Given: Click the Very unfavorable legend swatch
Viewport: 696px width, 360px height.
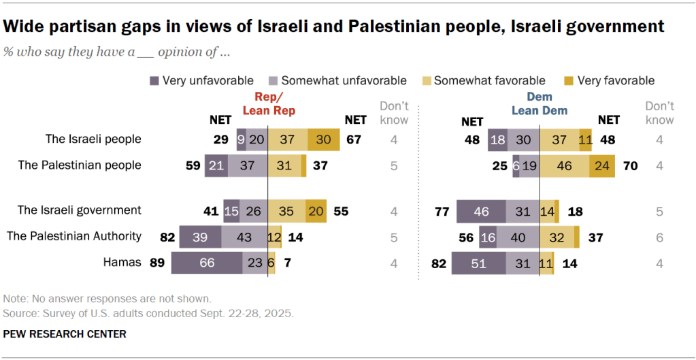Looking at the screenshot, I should [154, 81].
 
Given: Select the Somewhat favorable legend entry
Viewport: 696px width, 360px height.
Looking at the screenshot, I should [489, 80].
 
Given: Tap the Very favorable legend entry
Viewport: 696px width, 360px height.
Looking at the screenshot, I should [616, 80].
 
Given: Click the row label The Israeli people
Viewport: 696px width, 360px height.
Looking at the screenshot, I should [93, 139].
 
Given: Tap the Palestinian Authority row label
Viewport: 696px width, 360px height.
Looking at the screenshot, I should [73, 236].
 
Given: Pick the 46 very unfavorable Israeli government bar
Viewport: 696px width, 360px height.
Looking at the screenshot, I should [481, 211].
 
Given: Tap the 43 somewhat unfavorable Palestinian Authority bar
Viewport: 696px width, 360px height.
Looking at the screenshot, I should [243, 237].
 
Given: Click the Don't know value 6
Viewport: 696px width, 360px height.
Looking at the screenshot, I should [659, 237].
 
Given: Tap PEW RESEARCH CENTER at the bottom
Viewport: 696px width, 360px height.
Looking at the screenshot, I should [65, 334].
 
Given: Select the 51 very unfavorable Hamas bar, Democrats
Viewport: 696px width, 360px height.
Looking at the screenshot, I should [478, 263].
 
